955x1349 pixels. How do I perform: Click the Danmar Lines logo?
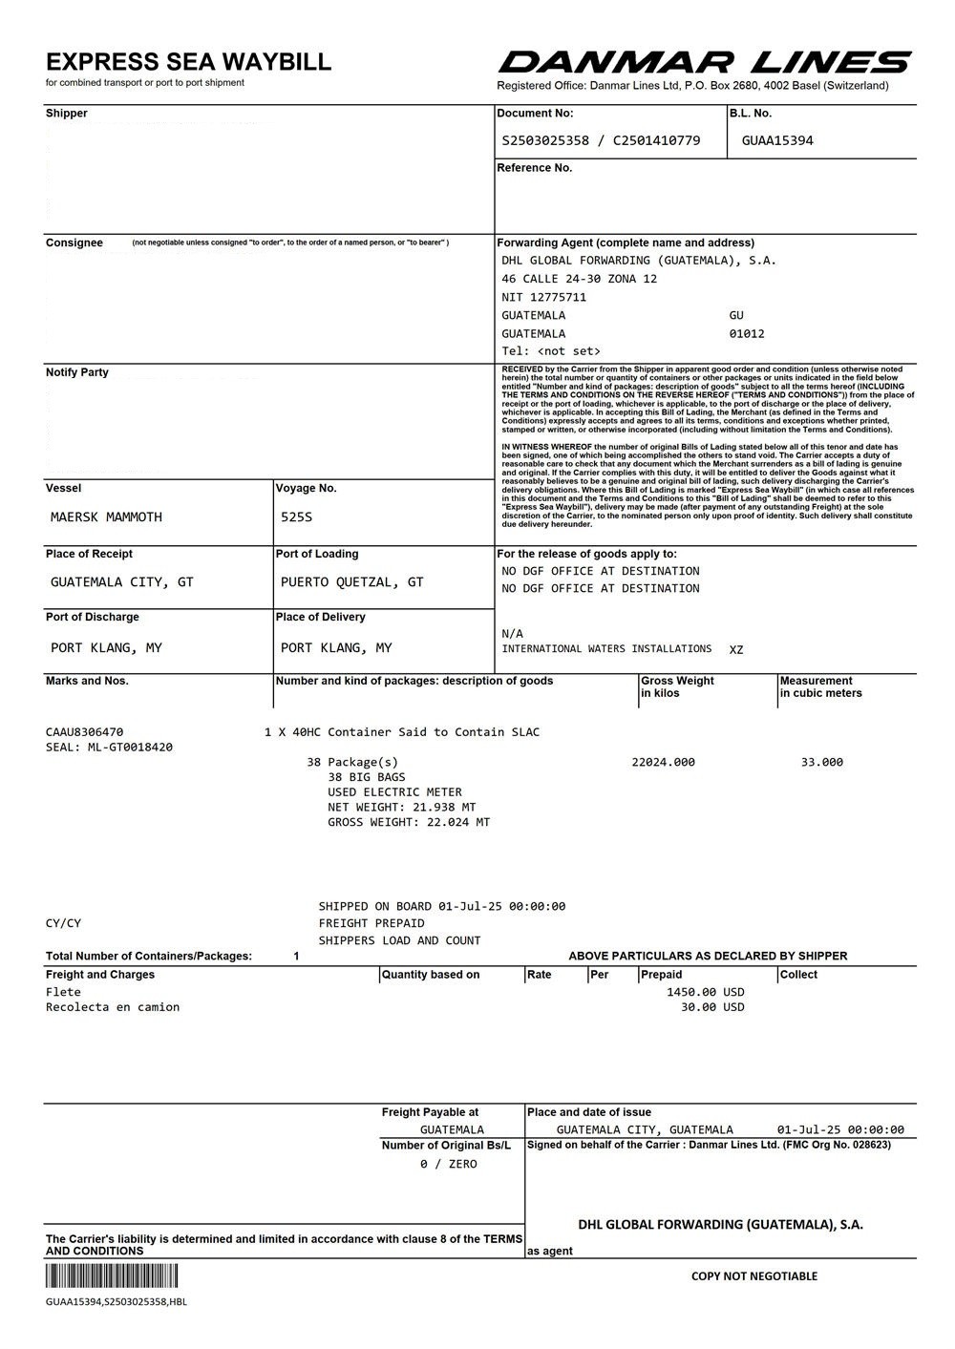[704, 63]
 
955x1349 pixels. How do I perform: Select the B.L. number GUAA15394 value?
[777, 140]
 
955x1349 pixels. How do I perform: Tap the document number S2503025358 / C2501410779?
[601, 140]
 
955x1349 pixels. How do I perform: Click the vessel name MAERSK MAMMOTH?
[106, 516]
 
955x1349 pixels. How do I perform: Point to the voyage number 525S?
[296, 516]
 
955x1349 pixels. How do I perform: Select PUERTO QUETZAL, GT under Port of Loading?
[351, 581]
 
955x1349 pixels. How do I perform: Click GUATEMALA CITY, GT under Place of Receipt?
[121, 581]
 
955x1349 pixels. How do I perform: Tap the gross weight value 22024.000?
[663, 762]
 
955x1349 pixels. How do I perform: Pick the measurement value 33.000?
[821, 762]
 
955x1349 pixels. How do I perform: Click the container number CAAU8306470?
[84, 732]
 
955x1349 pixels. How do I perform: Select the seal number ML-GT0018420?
[130, 747]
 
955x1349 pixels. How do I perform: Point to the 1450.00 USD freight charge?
[705, 992]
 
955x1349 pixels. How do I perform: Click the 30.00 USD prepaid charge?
[711, 1006]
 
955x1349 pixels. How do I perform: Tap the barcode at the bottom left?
[112, 1277]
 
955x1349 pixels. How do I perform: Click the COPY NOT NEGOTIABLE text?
[753, 1276]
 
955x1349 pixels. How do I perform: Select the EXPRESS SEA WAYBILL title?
[188, 62]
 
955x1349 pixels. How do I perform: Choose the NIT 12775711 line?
[543, 297]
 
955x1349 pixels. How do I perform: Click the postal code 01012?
[746, 333]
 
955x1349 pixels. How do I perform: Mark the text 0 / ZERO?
[448, 1164]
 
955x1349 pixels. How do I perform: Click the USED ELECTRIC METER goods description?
[394, 791]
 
